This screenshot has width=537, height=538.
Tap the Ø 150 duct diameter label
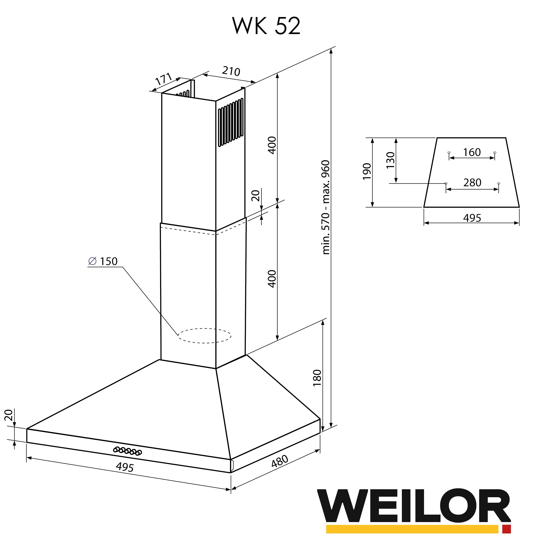click(x=103, y=261)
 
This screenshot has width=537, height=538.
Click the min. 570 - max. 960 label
click(x=325, y=207)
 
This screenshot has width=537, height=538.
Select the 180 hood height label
click(x=317, y=378)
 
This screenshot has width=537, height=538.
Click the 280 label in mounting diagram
click(x=472, y=183)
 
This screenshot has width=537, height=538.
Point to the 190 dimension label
click(x=367, y=172)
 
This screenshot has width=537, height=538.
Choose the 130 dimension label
click(x=390, y=160)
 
